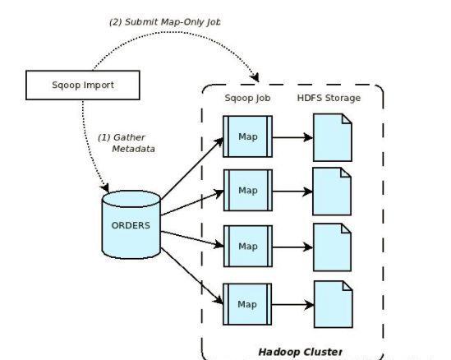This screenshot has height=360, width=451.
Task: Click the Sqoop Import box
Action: pos(83,85)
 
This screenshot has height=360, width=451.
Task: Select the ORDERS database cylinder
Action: pos(131,224)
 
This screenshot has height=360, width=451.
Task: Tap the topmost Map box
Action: pos(247,136)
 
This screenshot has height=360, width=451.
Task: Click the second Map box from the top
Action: pos(248,190)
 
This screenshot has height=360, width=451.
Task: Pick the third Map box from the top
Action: pos(248,247)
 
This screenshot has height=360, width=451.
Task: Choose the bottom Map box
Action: pos(247,304)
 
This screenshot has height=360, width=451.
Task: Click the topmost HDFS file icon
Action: pos(333,137)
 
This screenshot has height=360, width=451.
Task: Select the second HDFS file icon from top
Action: pos(332,192)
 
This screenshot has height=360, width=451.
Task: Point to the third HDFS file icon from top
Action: pos(332,247)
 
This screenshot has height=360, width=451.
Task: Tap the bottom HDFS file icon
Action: pos(334,304)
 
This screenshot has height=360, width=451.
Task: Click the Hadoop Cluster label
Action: pos(301,352)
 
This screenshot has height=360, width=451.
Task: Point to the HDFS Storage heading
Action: pos(329,98)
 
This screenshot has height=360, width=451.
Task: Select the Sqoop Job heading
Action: pos(247,98)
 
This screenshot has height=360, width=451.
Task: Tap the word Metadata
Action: pos(133,149)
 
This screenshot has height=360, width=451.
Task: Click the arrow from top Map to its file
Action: pos(292,137)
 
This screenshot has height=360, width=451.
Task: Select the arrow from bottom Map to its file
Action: pos(292,305)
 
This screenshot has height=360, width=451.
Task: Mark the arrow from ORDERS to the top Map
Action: pos(192,168)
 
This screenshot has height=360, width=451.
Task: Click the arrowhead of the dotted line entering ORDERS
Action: pos(105,187)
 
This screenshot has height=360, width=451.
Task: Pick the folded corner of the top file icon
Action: pos(347,118)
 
